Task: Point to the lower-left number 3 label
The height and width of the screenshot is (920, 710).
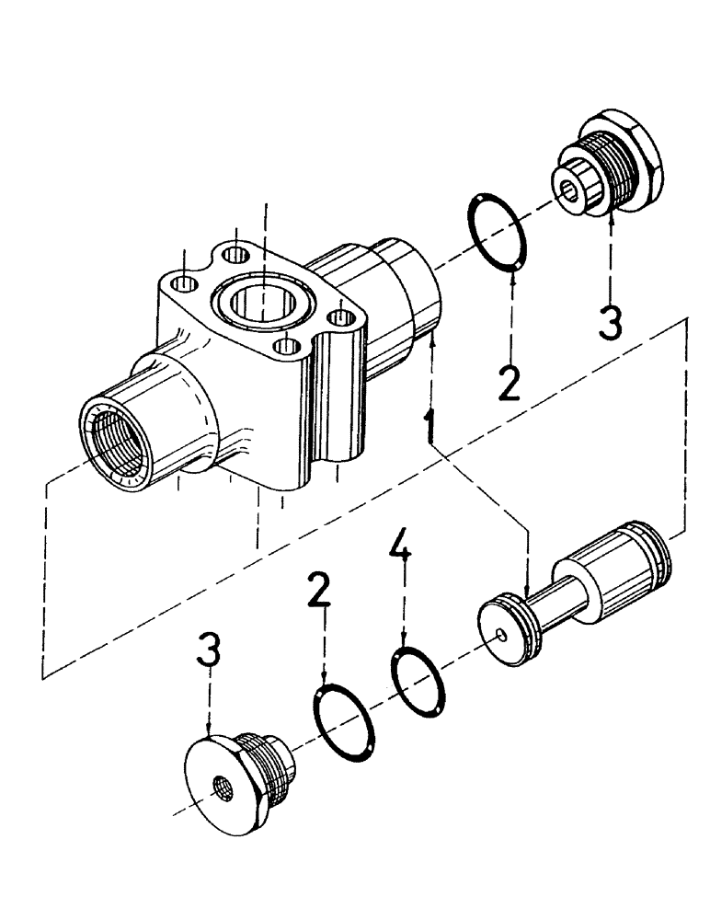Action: (211, 651)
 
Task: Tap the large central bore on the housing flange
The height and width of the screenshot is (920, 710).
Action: (263, 304)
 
